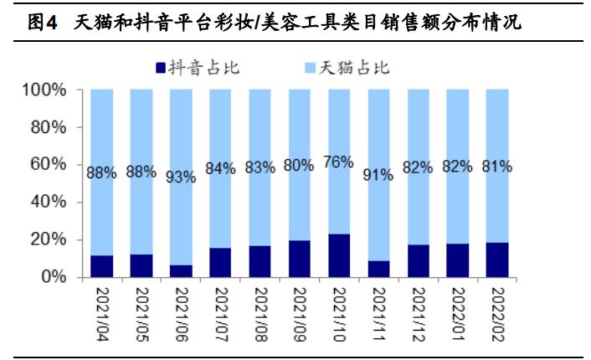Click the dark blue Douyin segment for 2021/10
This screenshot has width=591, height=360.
(x=339, y=255)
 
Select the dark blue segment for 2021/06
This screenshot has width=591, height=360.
(x=181, y=270)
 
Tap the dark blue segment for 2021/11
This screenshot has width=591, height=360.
(x=378, y=268)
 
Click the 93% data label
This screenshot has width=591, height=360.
(x=181, y=177)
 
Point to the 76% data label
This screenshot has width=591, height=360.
(x=339, y=162)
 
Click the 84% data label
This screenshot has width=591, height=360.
(x=220, y=170)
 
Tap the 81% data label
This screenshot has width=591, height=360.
(x=497, y=167)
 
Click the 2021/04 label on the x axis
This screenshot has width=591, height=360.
(x=102, y=311)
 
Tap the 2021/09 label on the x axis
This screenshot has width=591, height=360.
(x=300, y=311)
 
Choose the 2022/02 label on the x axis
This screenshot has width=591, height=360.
(x=497, y=311)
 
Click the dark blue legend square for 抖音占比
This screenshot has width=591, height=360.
(x=161, y=68)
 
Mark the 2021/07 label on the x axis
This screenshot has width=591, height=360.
(x=221, y=311)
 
